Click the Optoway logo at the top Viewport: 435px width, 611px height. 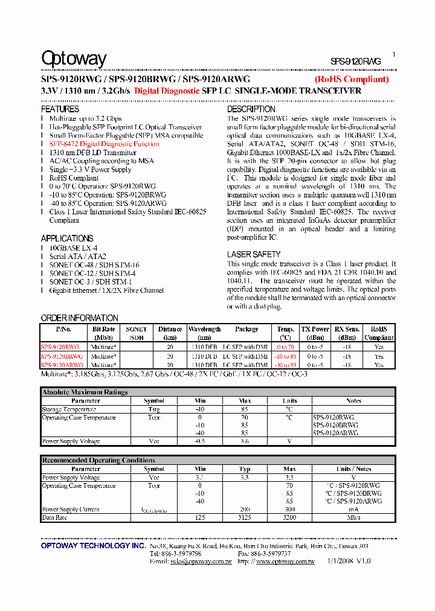(74, 59)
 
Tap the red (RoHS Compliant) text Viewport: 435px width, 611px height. (351, 79)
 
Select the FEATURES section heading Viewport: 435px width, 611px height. (60, 109)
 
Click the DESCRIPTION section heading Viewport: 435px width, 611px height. (251, 109)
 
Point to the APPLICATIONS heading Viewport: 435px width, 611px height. (67, 238)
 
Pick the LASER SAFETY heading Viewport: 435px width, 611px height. (253, 254)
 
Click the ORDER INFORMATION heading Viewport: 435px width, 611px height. (79, 318)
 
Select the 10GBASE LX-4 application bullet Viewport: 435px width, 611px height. (73, 248)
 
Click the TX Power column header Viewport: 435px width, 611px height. (315, 333)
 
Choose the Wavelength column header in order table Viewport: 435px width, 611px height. (204, 333)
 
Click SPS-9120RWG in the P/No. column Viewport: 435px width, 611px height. (60, 347)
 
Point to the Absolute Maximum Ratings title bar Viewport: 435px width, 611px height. (85, 392)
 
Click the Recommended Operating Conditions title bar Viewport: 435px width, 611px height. (98, 460)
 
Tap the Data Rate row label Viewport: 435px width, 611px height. (54, 518)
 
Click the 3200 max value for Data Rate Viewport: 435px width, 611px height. (289, 518)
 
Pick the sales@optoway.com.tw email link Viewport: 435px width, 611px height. (200, 561)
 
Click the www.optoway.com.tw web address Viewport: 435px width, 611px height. (285, 561)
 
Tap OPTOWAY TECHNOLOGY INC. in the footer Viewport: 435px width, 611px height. (93, 546)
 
